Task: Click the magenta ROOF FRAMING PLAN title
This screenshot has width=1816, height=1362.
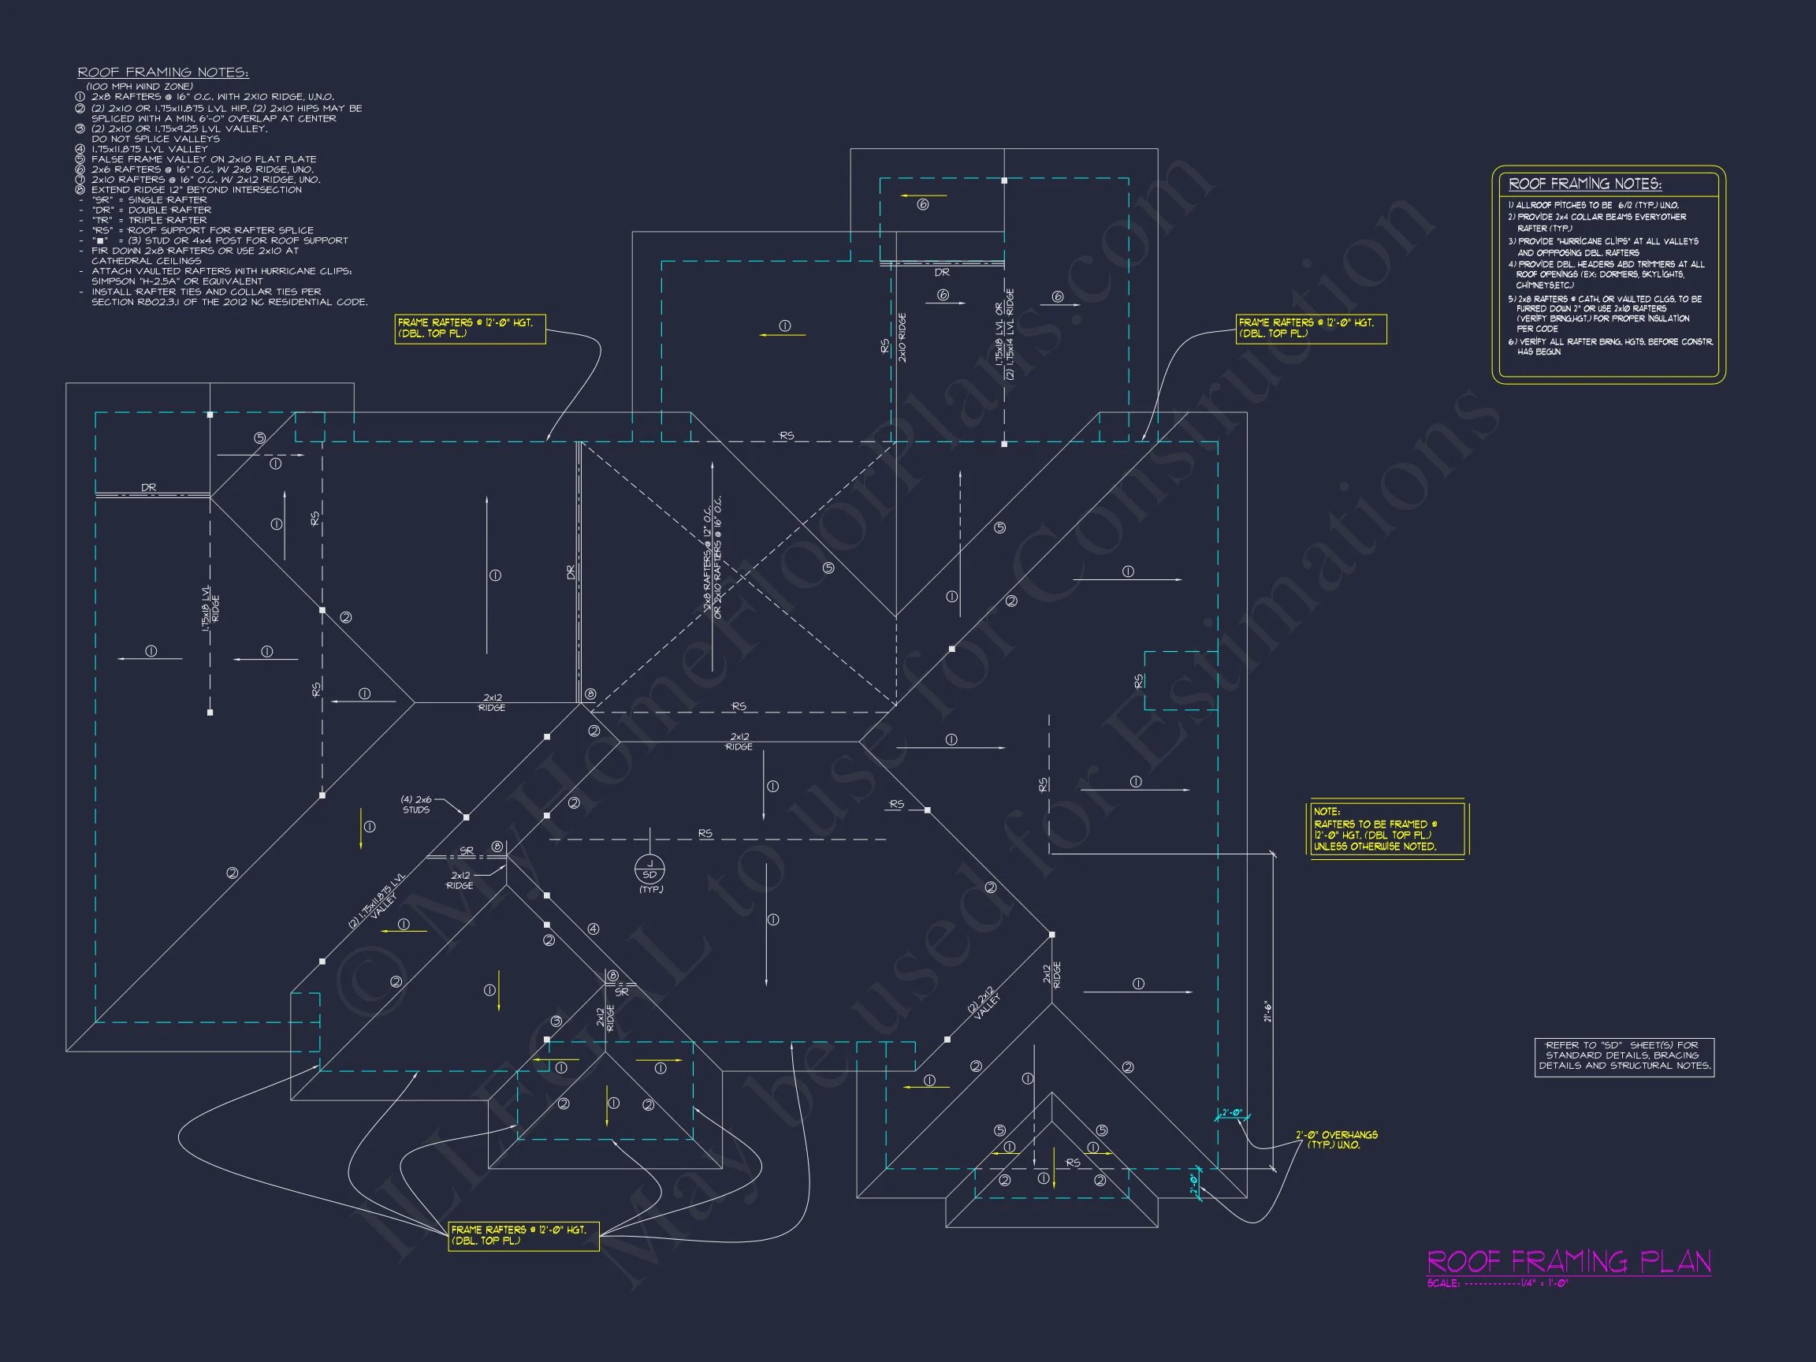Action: click(1568, 1261)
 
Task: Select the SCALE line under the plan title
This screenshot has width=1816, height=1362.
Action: click(1498, 1283)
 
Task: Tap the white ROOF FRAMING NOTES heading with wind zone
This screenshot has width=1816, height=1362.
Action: click(162, 73)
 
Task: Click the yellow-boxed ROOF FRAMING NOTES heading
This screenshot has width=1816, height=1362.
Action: click(1584, 184)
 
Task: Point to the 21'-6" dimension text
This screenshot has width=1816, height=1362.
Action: click(1267, 1010)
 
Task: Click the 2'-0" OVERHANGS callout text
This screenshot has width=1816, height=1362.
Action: click(1337, 1140)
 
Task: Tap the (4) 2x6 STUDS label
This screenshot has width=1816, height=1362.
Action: click(416, 805)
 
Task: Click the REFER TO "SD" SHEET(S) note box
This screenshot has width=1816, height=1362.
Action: click(1624, 1055)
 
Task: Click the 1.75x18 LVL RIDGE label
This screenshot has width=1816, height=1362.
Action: click(211, 608)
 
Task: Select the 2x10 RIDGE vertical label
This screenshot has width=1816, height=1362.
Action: click(902, 337)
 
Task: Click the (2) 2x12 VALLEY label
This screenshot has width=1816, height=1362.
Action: click(985, 1003)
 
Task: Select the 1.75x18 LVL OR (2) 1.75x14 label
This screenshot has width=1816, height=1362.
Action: click(1005, 333)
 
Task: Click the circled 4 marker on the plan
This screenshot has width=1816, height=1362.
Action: click(594, 928)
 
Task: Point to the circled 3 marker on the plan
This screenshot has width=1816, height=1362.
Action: click(556, 1021)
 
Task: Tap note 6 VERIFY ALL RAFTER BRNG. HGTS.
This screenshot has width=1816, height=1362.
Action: click(1609, 346)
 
